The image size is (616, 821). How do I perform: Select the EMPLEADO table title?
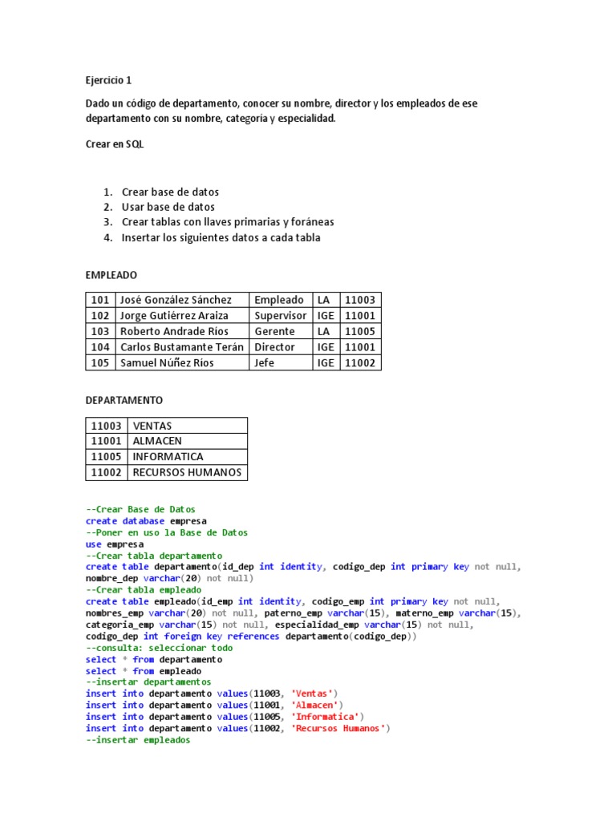pos(111,274)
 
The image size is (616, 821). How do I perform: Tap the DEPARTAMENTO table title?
pos(124,399)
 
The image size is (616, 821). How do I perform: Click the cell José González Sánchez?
pos(176,300)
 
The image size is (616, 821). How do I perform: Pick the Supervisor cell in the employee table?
pos(280,316)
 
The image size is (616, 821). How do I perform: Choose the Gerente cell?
pos(275,331)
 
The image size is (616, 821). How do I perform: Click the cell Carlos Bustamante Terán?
pos(181,347)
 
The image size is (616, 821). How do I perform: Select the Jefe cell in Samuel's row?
pos(265,362)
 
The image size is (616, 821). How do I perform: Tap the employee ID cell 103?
pos(100,331)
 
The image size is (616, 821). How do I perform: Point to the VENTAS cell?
pos(152,426)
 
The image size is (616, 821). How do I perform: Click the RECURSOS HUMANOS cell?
pos(187,472)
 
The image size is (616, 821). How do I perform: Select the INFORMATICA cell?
pos(168,457)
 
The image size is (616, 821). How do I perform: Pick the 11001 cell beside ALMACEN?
pos(107,441)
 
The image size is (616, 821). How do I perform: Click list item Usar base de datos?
pos(168,207)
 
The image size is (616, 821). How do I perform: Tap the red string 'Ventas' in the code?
pos(313,694)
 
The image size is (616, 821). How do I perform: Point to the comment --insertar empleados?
pos(138,741)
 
